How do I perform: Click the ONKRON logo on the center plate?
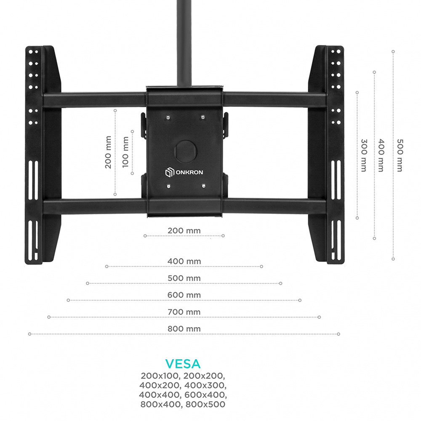click(x=184, y=172)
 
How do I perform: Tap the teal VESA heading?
click(x=183, y=364)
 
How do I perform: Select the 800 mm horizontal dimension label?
click(x=184, y=329)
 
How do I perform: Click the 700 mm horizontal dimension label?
click(x=184, y=312)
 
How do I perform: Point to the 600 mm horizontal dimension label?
click(x=184, y=295)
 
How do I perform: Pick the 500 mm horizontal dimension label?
click(x=184, y=278)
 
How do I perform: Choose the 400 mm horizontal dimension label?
click(x=184, y=261)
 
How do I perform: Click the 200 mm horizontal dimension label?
click(x=184, y=231)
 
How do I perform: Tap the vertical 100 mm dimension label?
click(x=125, y=152)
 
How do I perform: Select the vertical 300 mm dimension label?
click(x=364, y=155)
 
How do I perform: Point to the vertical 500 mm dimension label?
click(x=400, y=155)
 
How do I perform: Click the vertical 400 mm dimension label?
click(x=381, y=155)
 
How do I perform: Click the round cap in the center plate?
click(x=186, y=151)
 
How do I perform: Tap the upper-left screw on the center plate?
click(x=168, y=117)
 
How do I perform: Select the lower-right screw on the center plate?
click(x=203, y=186)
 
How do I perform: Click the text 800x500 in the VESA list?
click(x=205, y=404)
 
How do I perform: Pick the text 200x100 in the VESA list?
click(x=160, y=376)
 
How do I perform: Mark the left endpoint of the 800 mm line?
click(x=30, y=334)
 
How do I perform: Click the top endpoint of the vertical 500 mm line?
click(x=393, y=51)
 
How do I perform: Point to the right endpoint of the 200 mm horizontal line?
click(x=223, y=236)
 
